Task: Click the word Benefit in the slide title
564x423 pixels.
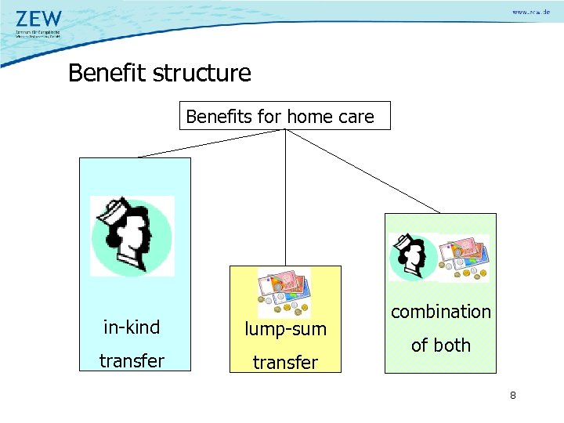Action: tap(108, 74)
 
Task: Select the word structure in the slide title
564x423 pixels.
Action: tap(203, 74)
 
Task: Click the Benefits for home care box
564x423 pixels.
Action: tap(284, 116)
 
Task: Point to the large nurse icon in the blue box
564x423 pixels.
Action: tap(131, 236)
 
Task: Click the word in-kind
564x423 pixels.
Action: tap(131, 327)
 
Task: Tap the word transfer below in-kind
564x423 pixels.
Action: tap(131, 361)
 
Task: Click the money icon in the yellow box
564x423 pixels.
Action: tap(284, 291)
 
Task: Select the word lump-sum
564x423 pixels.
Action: tap(285, 329)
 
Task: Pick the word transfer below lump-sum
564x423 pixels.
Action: tap(285, 363)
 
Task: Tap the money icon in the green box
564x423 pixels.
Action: tap(463, 257)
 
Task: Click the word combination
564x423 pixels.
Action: tap(441, 312)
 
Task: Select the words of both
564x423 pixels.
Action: tap(441, 345)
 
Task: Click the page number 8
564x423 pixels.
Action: tap(512, 396)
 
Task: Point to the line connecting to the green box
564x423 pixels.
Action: tap(363, 172)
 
